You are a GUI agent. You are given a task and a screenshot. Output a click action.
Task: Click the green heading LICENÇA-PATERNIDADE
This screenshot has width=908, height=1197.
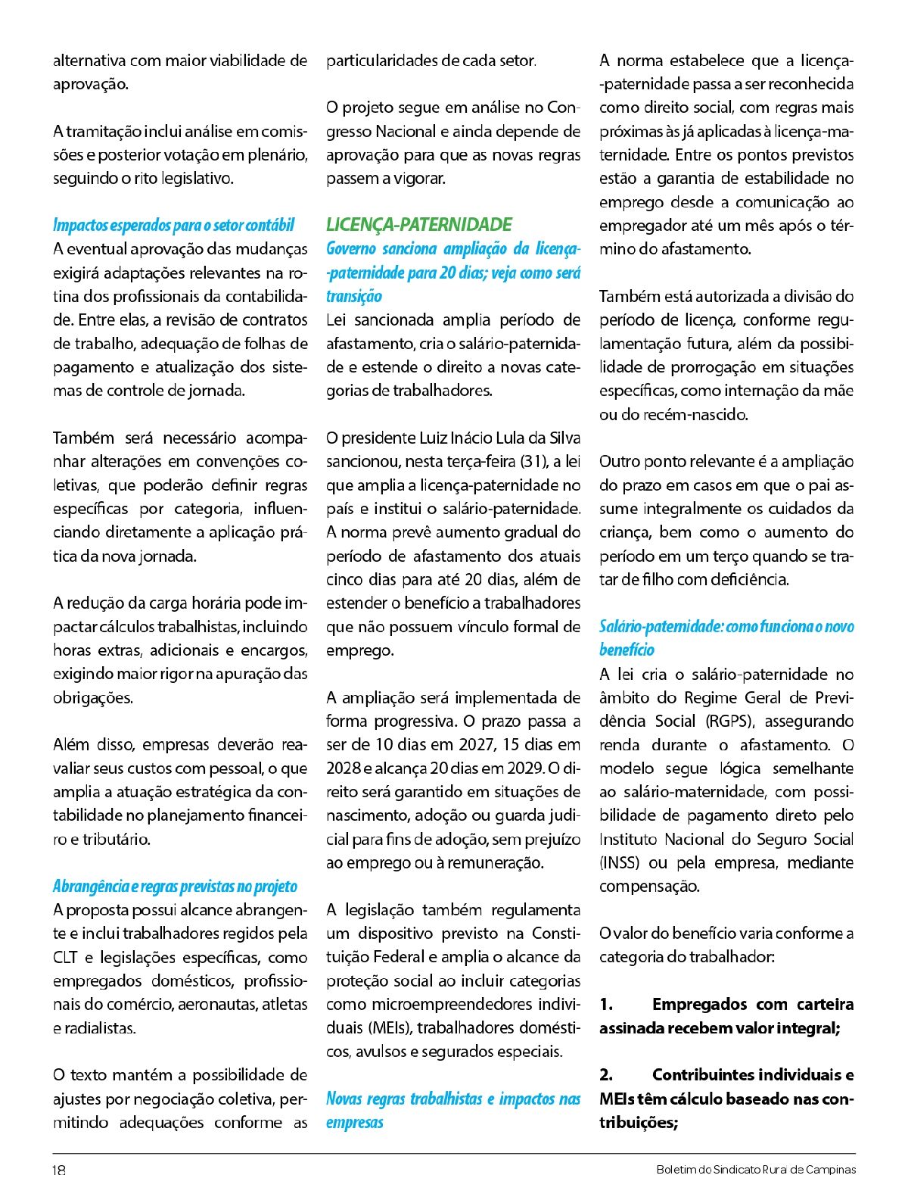click(x=418, y=225)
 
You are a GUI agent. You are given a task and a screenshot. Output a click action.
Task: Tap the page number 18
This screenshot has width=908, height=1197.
click(x=59, y=1170)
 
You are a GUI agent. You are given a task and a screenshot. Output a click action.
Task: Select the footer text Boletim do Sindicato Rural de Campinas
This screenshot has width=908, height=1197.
click(x=756, y=1170)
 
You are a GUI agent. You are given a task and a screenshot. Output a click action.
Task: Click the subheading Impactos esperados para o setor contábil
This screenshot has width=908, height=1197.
click(x=173, y=225)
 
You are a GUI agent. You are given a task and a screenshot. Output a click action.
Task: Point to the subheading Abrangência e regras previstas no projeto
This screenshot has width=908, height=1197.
click(x=175, y=887)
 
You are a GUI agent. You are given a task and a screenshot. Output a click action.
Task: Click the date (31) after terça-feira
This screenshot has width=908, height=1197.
click(x=533, y=461)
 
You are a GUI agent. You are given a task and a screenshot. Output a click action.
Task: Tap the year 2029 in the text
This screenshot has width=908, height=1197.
click(x=522, y=768)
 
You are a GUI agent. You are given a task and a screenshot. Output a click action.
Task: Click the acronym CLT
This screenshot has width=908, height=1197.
click(x=66, y=957)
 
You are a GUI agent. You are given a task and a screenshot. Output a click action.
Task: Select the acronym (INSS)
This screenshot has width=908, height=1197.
click(x=620, y=862)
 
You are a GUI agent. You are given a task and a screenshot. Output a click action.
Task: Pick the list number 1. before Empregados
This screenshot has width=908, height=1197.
click(x=606, y=1004)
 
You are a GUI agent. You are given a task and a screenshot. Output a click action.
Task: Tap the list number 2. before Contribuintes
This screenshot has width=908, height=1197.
click(x=606, y=1075)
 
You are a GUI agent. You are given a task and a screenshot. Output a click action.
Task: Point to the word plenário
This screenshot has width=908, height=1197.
click(x=278, y=155)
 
